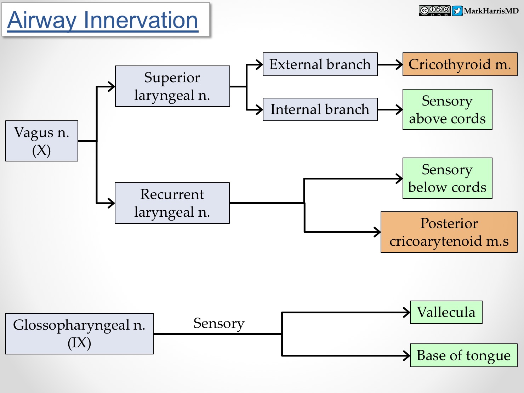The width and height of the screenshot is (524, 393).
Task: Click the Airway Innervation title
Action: [x=103, y=20]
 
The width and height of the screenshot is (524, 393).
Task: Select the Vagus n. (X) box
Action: [x=42, y=141]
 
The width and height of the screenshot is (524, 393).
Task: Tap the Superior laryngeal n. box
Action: [x=172, y=86]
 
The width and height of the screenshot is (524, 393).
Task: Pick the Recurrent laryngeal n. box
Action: [x=172, y=203]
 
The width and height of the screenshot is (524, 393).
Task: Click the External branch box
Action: [x=320, y=64]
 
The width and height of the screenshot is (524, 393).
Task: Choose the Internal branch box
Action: [x=320, y=109]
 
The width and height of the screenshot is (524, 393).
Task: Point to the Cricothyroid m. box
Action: [x=460, y=64]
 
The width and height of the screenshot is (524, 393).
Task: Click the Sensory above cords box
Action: [x=447, y=109]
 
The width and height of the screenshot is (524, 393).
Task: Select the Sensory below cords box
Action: [x=447, y=178]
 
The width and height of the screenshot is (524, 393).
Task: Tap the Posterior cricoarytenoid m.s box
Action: [x=449, y=232]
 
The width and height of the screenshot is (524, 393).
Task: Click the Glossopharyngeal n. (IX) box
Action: [x=79, y=334]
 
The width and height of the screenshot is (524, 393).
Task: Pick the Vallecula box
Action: [x=446, y=312]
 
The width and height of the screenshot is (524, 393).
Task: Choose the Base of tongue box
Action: [x=463, y=355]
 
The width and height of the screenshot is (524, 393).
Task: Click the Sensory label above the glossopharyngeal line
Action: [x=219, y=323]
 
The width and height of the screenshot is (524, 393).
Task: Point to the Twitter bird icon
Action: [x=457, y=11]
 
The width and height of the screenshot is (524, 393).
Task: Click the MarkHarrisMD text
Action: [x=491, y=11]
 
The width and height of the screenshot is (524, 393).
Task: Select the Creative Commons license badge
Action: [x=434, y=11]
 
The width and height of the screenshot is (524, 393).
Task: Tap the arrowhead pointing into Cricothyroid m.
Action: [x=399, y=65]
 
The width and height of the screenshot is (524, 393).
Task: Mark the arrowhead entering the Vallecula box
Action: [x=407, y=313]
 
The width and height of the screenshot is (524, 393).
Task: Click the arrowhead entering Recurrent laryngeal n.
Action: [x=112, y=203]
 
